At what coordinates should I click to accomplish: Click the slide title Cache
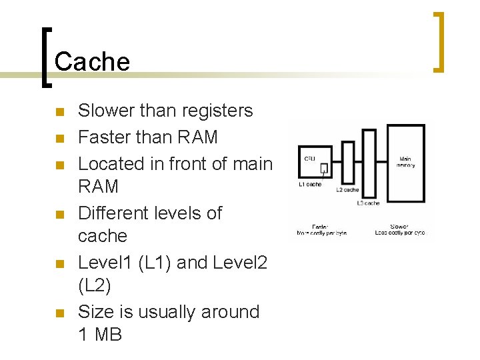pyautogui.click(x=92, y=62)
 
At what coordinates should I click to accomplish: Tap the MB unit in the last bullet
pyautogui.click(x=108, y=335)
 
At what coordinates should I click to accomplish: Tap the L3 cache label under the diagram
pyautogui.click(x=369, y=203)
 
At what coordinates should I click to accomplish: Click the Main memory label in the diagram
pyautogui.click(x=406, y=162)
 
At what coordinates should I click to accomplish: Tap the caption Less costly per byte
pyautogui.click(x=400, y=233)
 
